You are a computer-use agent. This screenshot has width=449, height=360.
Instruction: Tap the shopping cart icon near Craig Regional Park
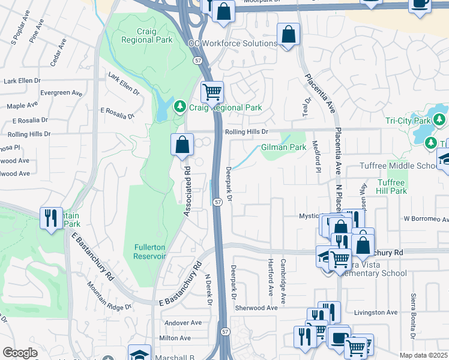coord(211,92)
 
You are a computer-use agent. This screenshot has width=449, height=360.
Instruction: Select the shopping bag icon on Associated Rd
coord(182,145)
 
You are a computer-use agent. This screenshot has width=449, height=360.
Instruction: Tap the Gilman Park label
coord(283,147)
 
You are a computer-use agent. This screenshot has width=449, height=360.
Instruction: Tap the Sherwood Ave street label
coord(256,308)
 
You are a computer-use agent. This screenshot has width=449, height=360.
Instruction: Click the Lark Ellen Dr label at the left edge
coord(22,80)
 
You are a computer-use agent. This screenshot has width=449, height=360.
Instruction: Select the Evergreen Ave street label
coord(61,93)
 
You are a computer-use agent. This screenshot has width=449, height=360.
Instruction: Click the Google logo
coord(20,353)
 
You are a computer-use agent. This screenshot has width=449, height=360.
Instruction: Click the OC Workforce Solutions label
coord(232,44)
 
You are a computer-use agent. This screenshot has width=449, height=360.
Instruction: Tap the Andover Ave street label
coord(182,323)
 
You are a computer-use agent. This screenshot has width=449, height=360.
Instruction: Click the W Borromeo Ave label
coord(425,219)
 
